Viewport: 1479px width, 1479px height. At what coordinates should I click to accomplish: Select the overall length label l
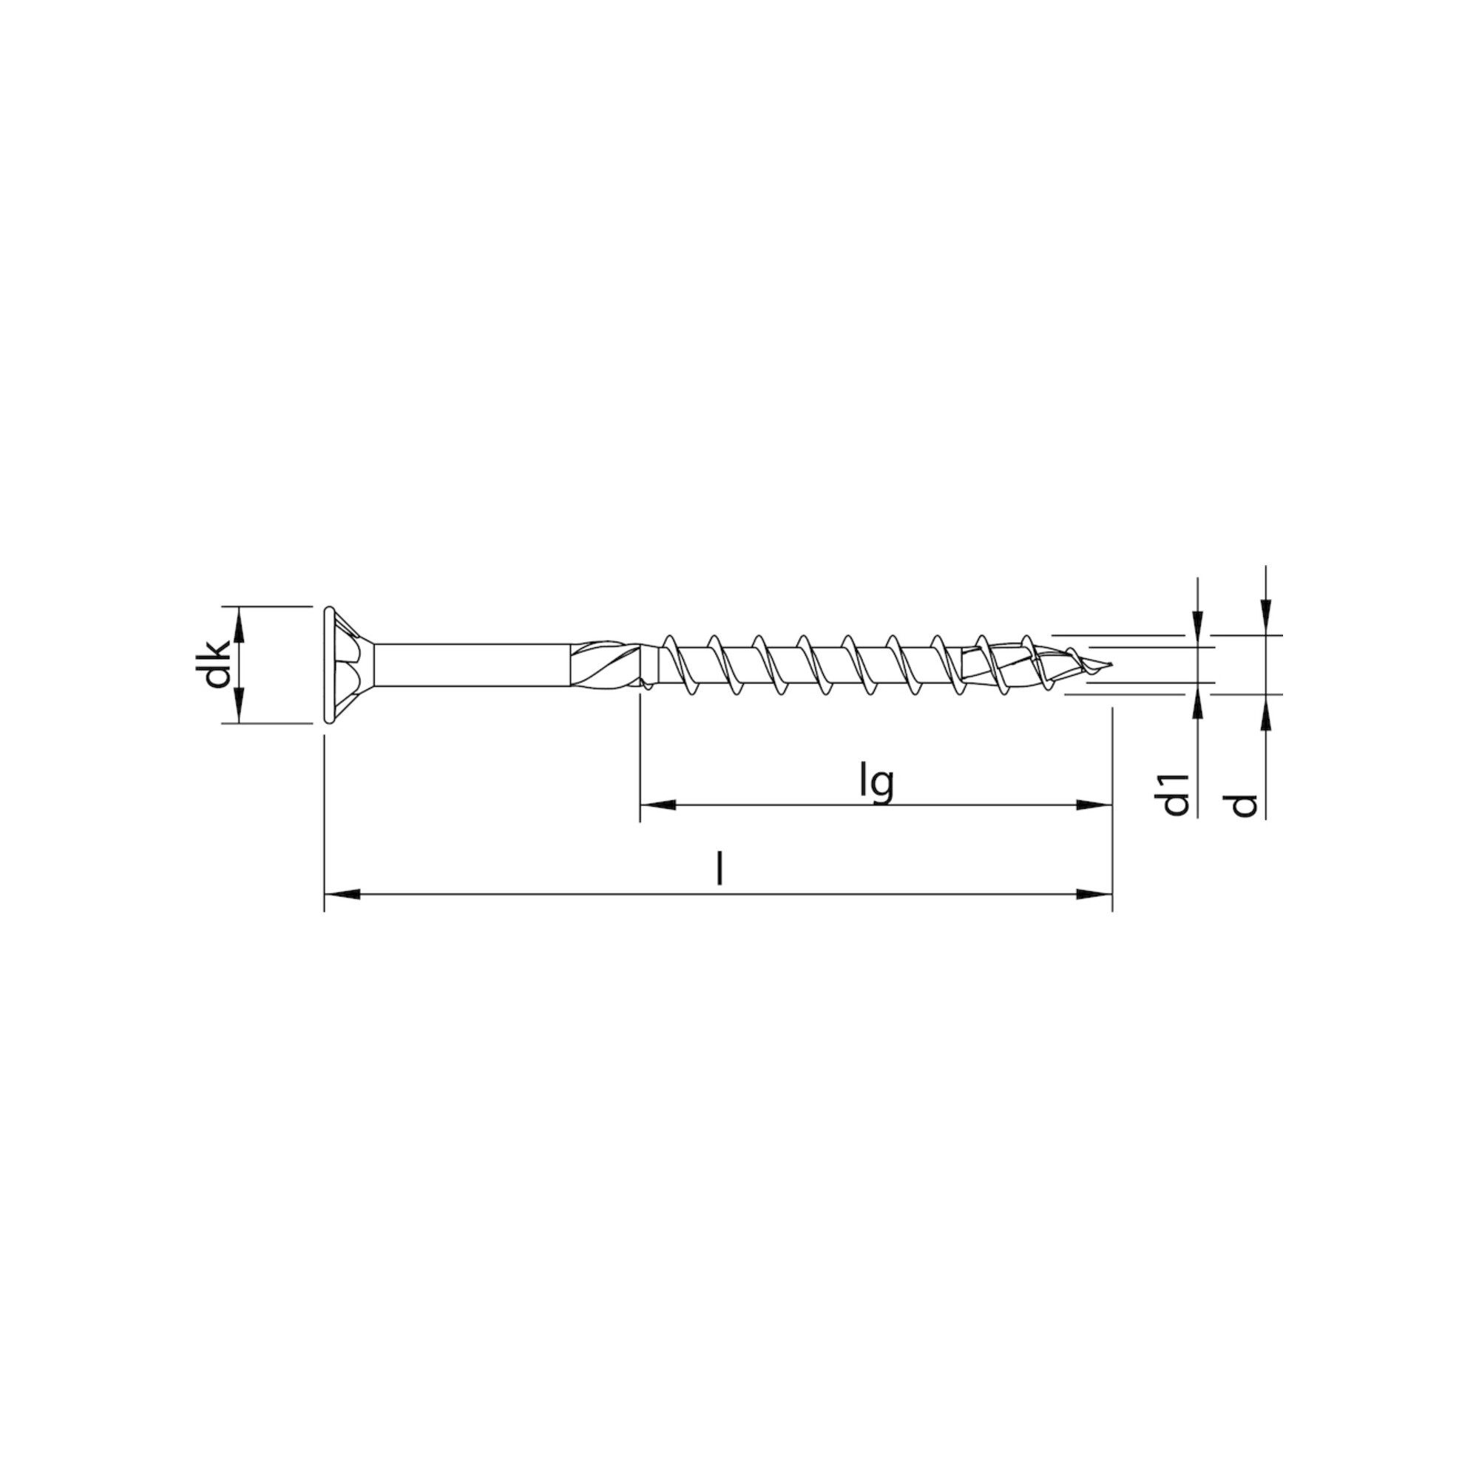click(719, 870)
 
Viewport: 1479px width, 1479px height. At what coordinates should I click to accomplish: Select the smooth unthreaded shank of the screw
click(475, 665)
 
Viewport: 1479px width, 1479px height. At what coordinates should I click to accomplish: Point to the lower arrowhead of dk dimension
click(240, 705)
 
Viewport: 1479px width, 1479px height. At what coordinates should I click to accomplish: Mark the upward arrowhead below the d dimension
click(1266, 711)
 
